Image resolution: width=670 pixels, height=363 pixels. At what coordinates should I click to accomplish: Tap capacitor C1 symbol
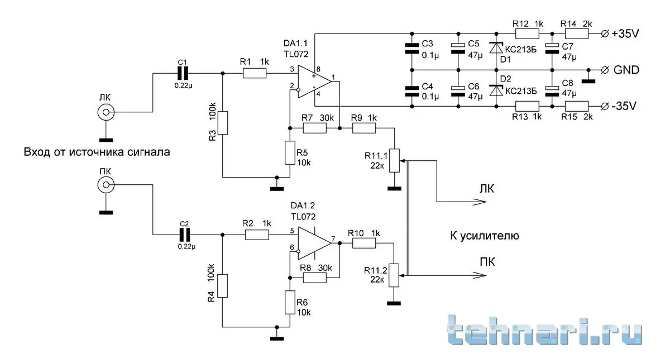coord(183,73)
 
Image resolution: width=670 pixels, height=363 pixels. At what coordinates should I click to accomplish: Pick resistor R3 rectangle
coord(223,123)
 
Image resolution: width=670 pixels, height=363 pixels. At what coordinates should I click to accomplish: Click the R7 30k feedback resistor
coord(314,128)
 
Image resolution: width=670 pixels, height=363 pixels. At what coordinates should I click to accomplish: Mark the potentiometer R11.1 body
coord(394,160)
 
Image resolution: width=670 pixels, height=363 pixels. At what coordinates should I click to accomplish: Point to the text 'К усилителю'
coord(484,236)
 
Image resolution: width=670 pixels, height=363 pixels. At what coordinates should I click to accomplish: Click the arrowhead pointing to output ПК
coord(476,275)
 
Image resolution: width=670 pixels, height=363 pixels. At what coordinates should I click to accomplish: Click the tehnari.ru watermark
coord(544,331)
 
